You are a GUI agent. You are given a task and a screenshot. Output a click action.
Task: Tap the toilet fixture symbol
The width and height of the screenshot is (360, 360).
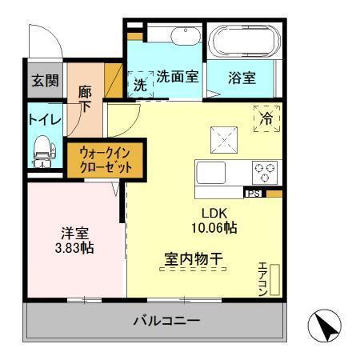click(x=41, y=148)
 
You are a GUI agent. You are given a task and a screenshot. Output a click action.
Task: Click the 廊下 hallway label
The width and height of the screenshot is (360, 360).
click(x=85, y=99)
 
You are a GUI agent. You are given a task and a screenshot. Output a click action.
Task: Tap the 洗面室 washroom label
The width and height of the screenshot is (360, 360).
click(x=177, y=78)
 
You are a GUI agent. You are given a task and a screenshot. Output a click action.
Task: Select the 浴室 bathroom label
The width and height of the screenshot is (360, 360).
click(x=242, y=78)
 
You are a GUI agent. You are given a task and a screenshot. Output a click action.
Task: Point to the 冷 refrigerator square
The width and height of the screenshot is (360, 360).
click(x=266, y=117)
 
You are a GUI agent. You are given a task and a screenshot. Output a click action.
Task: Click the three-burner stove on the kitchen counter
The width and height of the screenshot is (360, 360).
click(x=265, y=171)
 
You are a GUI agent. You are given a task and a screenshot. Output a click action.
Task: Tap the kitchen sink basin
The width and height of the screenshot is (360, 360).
click(x=214, y=173)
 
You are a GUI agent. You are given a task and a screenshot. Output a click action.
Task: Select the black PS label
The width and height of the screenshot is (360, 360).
click(x=254, y=193)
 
